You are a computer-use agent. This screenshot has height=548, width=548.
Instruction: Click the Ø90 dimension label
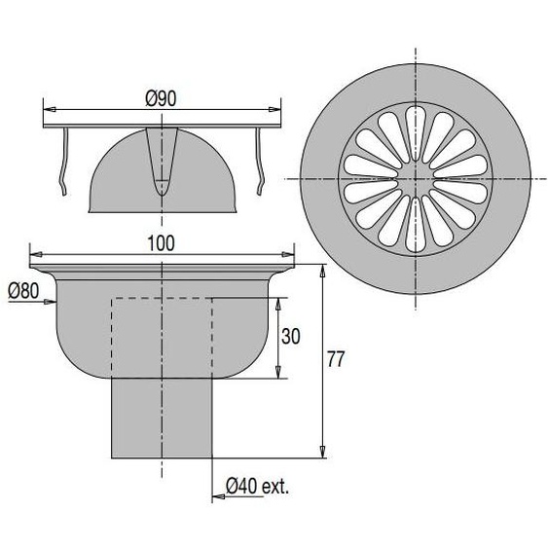point(162,97)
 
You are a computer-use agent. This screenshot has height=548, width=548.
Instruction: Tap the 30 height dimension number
point(291,337)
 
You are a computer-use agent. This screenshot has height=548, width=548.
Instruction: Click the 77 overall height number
point(336,359)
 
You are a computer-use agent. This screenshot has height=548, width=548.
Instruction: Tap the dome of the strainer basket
point(117,180)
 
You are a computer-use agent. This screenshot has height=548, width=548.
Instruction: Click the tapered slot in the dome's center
point(162,161)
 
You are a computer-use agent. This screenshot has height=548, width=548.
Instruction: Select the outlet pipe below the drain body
point(162,419)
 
